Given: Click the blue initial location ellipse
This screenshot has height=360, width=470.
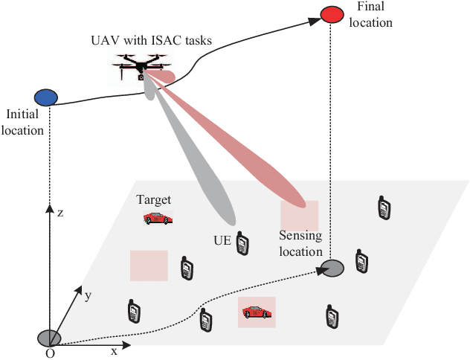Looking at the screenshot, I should tap(46, 97).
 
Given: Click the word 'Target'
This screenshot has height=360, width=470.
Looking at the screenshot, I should tap(154, 200).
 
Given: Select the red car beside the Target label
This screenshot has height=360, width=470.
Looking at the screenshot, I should tap(158, 218).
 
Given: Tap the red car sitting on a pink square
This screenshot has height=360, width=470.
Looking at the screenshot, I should tap(256, 312).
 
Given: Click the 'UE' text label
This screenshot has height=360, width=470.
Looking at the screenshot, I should tap(221, 240).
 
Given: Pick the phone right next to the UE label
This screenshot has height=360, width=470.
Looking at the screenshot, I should tap(242, 242).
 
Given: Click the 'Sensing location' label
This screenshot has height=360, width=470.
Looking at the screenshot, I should tap(301, 243).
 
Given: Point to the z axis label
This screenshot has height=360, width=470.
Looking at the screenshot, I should tap(60, 213).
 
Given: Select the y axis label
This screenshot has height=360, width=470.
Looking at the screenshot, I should tap(88, 295).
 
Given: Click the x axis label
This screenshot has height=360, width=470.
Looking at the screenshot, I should tap(114, 350).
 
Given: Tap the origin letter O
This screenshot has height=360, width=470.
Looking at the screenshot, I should tap(50, 353).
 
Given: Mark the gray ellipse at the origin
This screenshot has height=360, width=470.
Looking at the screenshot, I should tap(49, 338).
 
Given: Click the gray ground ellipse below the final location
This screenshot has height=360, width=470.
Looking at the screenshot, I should tap(332, 269).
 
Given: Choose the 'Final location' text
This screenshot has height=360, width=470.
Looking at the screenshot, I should tap(374, 14).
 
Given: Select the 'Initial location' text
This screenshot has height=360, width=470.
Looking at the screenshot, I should tap(25, 122).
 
